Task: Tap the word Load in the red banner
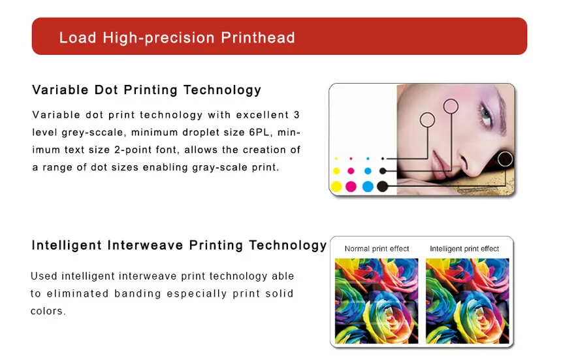[77, 37]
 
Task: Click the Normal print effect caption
[377, 249]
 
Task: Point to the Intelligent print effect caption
[464, 249]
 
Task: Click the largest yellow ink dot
[336, 187]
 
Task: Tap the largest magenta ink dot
[351, 187]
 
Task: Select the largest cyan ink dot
[367, 187]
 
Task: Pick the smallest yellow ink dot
[336, 159]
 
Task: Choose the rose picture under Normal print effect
[376, 300]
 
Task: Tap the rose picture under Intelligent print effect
[466, 300]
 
